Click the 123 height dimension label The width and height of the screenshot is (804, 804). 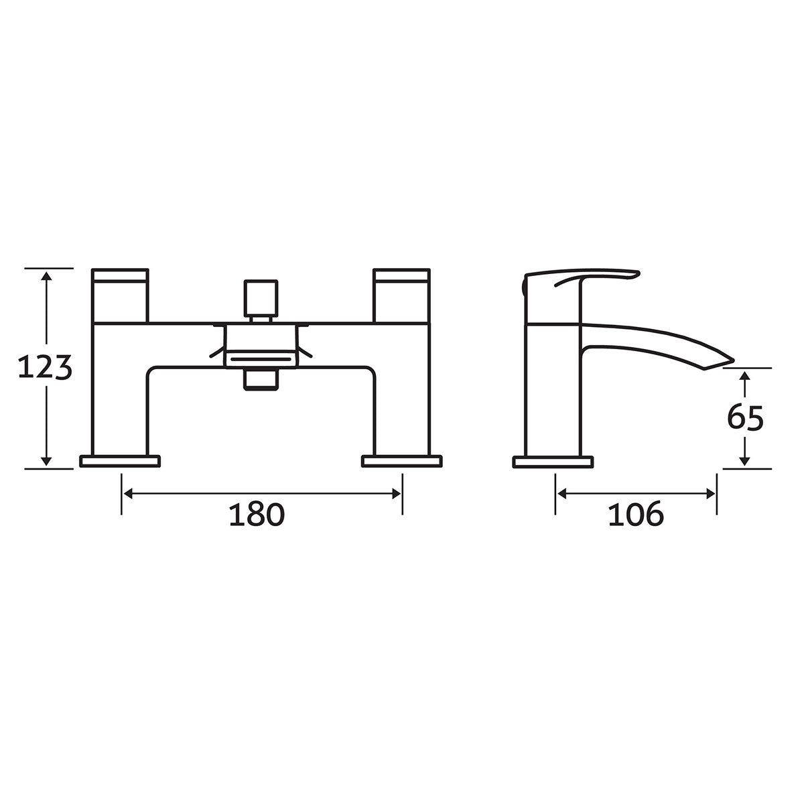click(44, 368)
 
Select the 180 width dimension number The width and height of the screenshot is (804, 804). click(257, 515)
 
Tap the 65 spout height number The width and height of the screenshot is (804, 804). click(745, 419)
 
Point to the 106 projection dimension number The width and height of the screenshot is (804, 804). click(636, 515)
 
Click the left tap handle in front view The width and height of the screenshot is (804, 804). click(120, 295)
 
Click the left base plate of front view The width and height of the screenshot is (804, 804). click(121, 461)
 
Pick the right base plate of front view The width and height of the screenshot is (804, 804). click(402, 461)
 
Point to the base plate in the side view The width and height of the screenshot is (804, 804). click(553, 462)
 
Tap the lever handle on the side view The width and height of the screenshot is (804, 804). click(590, 276)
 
